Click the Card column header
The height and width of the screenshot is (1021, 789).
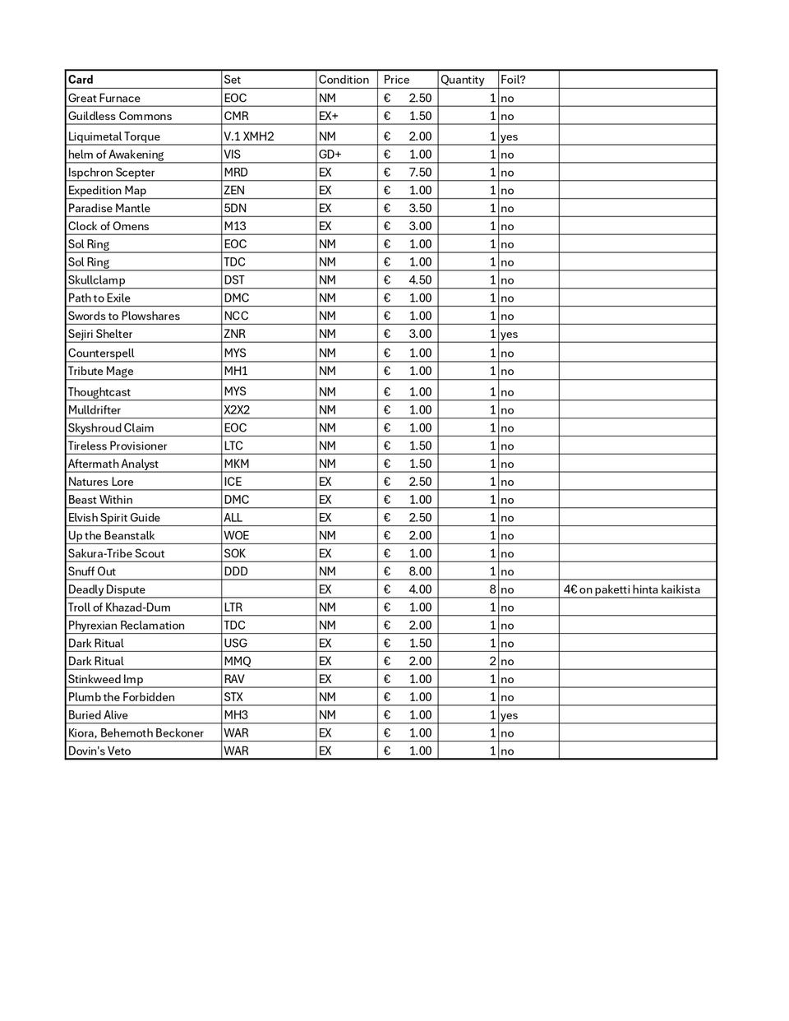pyautogui.click(x=81, y=80)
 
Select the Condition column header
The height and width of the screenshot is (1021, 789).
pyautogui.click(x=344, y=80)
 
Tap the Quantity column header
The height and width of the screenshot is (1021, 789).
pyautogui.click(x=462, y=80)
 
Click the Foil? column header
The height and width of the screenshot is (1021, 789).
pyautogui.click(x=513, y=80)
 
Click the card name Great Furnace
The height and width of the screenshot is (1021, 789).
pyautogui.click(x=104, y=98)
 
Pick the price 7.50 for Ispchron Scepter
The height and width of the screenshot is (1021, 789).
pyautogui.click(x=419, y=173)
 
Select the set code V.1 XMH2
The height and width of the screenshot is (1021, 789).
pyautogui.click(x=248, y=136)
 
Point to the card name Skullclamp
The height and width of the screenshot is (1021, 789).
pyautogui.click(x=97, y=280)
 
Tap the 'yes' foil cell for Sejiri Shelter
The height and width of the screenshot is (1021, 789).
pyautogui.click(x=509, y=335)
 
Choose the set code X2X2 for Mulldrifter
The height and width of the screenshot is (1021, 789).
pyautogui.click(x=237, y=410)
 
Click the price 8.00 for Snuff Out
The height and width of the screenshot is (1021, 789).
pyautogui.click(x=419, y=571)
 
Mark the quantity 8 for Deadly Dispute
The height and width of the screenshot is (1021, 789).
pyautogui.click(x=492, y=589)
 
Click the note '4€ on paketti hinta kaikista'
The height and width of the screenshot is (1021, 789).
pyautogui.click(x=631, y=589)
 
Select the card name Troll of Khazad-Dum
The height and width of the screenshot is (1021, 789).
pyautogui.click(x=119, y=608)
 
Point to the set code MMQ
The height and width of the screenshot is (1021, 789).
pyautogui.click(x=238, y=661)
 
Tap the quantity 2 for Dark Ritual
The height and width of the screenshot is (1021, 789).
pyautogui.click(x=492, y=661)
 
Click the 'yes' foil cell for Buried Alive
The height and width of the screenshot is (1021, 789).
pyautogui.click(x=509, y=715)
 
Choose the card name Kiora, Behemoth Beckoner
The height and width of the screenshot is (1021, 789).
pyautogui.click(x=136, y=733)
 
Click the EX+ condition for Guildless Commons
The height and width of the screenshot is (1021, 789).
pyautogui.click(x=328, y=116)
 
